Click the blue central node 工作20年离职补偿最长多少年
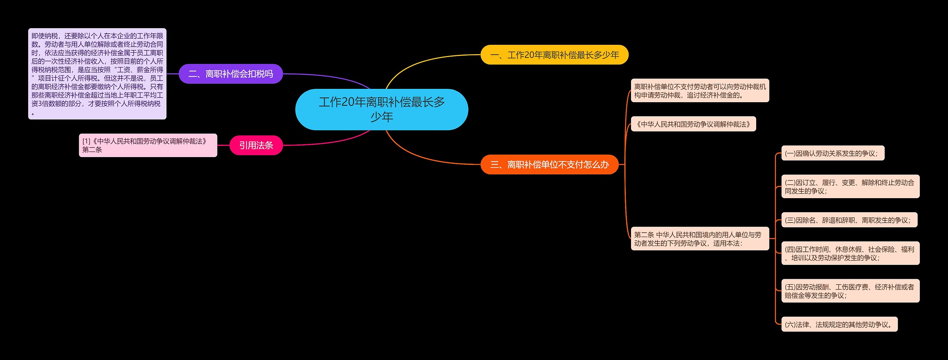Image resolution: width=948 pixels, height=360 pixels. click(x=381, y=109)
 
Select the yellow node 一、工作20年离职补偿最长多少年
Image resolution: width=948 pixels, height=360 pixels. click(x=554, y=55)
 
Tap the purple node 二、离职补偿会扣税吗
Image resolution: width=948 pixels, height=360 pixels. click(x=231, y=74)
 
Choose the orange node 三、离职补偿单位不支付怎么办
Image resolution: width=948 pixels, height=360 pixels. click(x=550, y=164)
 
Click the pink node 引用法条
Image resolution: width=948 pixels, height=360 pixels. click(x=256, y=145)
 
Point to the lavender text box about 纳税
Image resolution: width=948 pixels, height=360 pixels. click(x=97, y=74)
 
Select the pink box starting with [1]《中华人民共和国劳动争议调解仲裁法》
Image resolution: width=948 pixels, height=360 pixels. click(x=148, y=145)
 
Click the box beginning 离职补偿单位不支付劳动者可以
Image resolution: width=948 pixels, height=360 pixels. click(x=700, y=90)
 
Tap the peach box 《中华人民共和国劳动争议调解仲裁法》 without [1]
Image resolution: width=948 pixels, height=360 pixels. click(x=693, y=124)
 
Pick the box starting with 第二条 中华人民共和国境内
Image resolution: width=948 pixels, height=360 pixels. click(x=700, y=239)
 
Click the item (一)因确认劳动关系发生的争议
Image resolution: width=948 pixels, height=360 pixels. click(x=832, y=153)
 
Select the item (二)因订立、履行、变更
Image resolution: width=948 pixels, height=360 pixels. click(x=850, y=186)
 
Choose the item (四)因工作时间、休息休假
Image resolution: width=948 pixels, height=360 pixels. click(x=850, y=253)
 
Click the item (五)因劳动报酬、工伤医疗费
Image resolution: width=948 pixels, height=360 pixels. click(x=850, y=291)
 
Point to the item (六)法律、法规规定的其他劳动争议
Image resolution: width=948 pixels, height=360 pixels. click(x=839, y=324)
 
